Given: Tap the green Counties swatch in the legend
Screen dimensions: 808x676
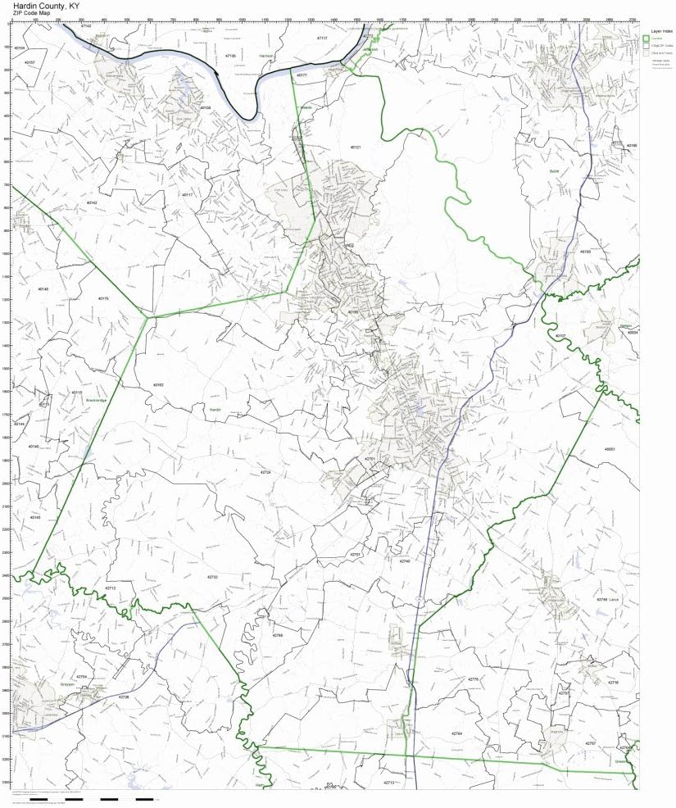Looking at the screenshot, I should pyautogui.click(x=647, y=39).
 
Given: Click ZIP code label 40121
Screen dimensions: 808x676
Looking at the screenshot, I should pyautogui.click(x=356, y=147).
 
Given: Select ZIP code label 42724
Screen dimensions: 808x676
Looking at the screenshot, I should pyautogui.click(x=265, y=473).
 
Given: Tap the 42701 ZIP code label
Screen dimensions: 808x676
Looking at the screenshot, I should pyautogui.click(x=370, y=459).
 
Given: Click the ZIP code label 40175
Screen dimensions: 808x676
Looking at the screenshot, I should pyautogui.click(x=103, y=299).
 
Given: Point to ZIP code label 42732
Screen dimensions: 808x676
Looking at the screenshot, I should pyautogui.click(x=212, y=577).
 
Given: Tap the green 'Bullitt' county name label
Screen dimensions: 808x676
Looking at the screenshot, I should pyautogui.click(x=554, y=171).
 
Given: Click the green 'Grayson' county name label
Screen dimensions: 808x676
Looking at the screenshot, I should pyautogui.click(x=67, y=680).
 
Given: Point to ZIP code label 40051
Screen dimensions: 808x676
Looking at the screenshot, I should pyautogui.click(x=609, y=449).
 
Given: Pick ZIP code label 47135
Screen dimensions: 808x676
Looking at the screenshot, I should pyautogui.click(x=230, y=56).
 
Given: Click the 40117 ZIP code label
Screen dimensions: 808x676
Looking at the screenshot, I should pyautogui.click(x=188, y=195).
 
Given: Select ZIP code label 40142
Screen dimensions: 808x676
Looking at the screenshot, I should pyautogui.click(x=92, y=202).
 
